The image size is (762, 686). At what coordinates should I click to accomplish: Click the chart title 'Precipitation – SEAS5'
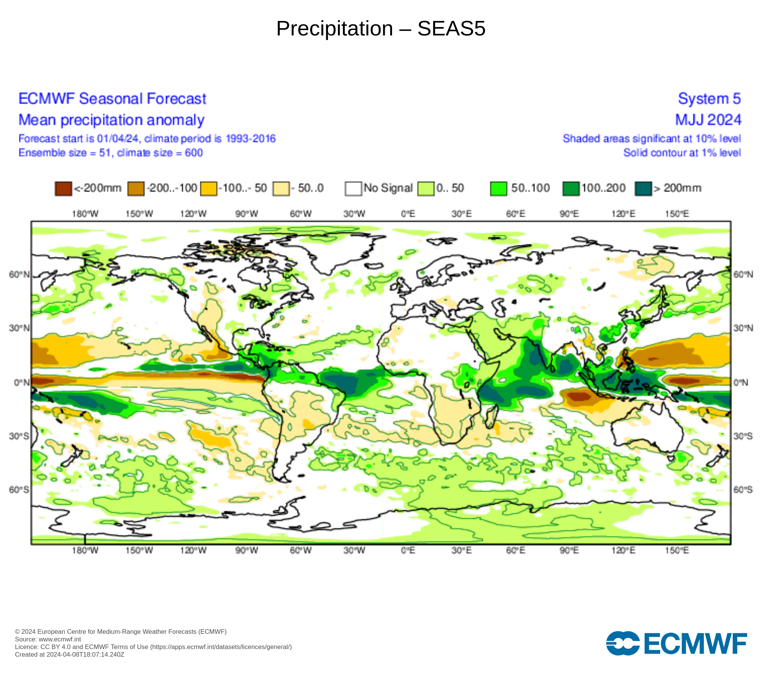(x=381, y=29)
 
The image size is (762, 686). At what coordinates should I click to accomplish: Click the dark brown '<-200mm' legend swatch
(x=63, y=189)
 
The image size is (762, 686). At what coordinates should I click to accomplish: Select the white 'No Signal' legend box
(x=353, y=189)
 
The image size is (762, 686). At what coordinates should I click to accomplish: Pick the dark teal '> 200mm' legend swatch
(x=644, y=189)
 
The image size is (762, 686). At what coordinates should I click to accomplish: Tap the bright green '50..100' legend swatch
(x=499, y=189)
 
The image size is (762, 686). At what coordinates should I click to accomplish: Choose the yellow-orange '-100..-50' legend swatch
(x=209, y=189)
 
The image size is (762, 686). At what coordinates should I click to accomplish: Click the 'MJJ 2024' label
(x=708, y=120)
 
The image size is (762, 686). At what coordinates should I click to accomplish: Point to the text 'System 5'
(x=709, y=99)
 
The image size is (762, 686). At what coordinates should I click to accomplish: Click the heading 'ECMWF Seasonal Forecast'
(x=112, y=99)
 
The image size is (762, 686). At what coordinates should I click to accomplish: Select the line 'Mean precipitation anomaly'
(x=111, y=120)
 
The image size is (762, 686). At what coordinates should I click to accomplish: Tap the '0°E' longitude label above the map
(x=408, y=214)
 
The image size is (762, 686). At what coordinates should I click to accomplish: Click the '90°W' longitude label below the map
(x=247, y=550)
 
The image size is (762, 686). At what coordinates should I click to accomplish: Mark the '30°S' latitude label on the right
(x=743, y=436)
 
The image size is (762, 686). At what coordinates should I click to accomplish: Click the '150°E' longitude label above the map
(x=677, y=214)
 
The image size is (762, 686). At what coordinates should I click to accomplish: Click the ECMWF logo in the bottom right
(x=676, y=644)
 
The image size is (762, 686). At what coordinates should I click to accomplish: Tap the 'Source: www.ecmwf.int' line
(x=48, y=639)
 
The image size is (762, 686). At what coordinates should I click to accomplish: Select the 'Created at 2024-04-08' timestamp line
(x=70, y=654)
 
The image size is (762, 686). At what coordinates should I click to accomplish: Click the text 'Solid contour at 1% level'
(x=682, y=153)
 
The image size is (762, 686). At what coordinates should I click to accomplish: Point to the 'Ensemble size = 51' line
(x=110, y=153)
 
